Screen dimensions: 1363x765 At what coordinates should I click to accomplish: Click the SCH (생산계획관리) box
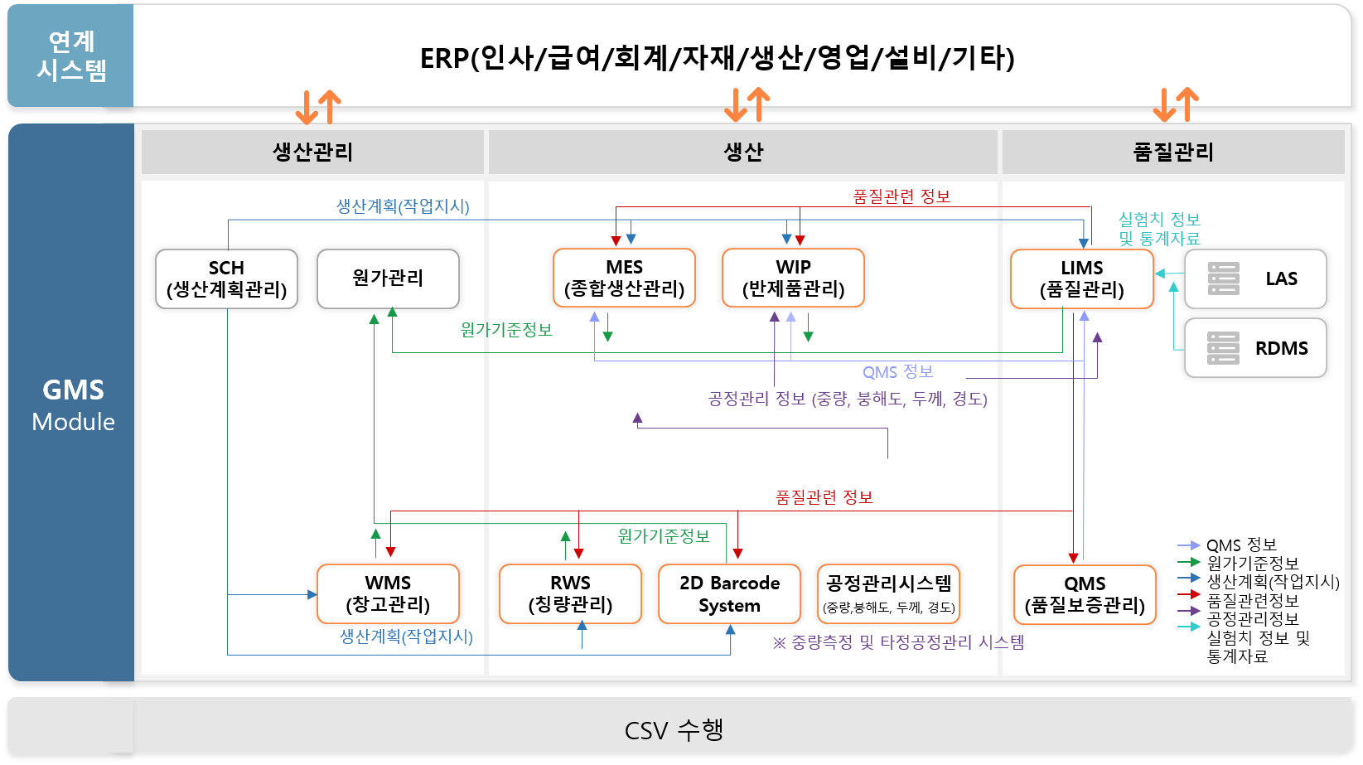tap(226, 278)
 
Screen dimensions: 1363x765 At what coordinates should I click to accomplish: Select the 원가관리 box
tap(389, 278)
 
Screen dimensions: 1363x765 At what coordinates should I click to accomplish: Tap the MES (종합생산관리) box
tap(624, 278)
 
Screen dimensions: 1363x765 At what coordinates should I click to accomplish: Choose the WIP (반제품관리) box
tap(793, 278)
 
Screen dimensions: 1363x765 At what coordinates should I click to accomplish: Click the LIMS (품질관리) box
tap(1082, 278)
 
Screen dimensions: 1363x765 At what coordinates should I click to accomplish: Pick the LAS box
tap(1255, 278)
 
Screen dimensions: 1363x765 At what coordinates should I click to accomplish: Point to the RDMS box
tap(1255, 348)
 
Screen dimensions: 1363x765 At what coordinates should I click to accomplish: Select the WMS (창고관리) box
tap(389, 594)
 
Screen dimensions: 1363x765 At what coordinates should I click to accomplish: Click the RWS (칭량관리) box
tap(570, 594)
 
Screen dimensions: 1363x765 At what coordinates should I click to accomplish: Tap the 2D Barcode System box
tap(730, 594)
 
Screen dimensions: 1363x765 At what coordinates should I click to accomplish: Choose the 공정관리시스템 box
tap(888, 594)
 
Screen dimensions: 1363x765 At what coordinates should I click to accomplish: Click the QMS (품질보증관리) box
tap(1085, 594)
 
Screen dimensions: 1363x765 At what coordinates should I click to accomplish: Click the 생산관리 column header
tap(312, 152)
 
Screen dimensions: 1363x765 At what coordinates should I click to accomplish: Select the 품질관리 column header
tap(1173, 152)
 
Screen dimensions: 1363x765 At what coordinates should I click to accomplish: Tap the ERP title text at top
tap(718, 58)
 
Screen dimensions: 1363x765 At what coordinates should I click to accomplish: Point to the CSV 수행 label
tap(674, 729)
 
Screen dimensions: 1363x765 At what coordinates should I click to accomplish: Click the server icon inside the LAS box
tap(1224, 278)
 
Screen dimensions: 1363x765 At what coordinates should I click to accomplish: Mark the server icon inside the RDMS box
tap(1223, 348)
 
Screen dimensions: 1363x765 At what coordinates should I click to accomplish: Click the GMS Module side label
tap(73, 405)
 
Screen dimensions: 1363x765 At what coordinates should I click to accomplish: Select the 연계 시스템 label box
tap(70, 56)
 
